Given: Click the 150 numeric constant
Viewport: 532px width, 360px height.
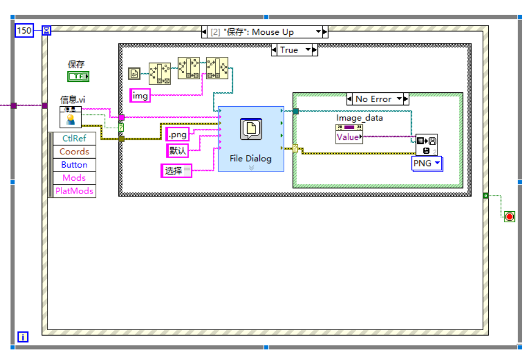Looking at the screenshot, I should click(x=24, y=30).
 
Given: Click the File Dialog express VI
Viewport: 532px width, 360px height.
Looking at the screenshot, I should click(x=251, y=138).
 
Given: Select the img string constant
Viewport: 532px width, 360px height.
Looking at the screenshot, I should click(x=140, y=96).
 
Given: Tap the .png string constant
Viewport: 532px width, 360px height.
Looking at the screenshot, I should click(x=178, y=134).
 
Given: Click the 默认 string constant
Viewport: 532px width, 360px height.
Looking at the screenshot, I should click(x=178, y=150).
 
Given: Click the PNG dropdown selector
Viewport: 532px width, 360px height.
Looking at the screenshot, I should click(x=427, y=163).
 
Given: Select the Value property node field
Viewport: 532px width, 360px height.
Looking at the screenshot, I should click(x=348, y=137).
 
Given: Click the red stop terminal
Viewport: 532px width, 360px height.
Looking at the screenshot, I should click(x=509, y=216).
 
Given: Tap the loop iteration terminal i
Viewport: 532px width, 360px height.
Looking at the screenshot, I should click(x=23, y=336).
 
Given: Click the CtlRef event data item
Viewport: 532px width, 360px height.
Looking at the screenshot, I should click(x=74, y=138).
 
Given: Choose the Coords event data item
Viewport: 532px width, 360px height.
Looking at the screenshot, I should click(x=74, y=152).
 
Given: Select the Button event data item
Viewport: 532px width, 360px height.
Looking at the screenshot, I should click(x=74, y=165).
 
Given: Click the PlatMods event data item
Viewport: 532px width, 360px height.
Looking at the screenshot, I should click(x=74, y=191).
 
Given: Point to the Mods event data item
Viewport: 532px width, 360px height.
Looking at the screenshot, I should click(x=74, y=178).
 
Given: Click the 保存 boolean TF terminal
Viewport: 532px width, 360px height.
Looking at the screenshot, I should click(x=78, y=76).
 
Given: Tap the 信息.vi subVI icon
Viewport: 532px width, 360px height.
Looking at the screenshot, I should click(x=71, y=117).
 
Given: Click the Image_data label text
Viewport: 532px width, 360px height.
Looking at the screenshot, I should click(x=359, y=118).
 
